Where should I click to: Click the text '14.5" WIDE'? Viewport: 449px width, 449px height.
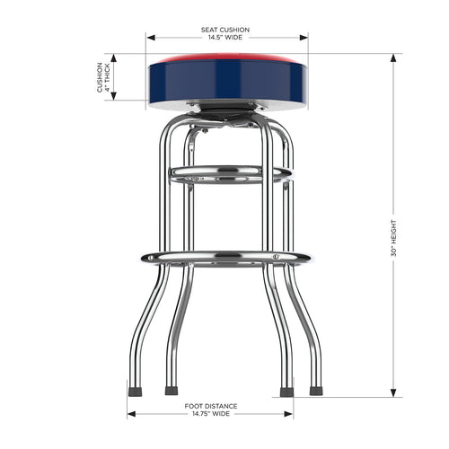(x=225, y=38)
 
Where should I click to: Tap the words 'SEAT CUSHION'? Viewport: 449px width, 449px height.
(x=225, y=30)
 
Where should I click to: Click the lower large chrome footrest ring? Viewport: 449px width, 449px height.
(x=224, y=259)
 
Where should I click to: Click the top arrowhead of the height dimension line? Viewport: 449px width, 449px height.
(x=393, y=57)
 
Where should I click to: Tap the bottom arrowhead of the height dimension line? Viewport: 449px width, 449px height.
(x=393, y=393)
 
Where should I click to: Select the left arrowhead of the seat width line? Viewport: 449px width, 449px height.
(x=150, y=38)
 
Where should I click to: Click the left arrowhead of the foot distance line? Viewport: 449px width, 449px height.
(x=130, y=415)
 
